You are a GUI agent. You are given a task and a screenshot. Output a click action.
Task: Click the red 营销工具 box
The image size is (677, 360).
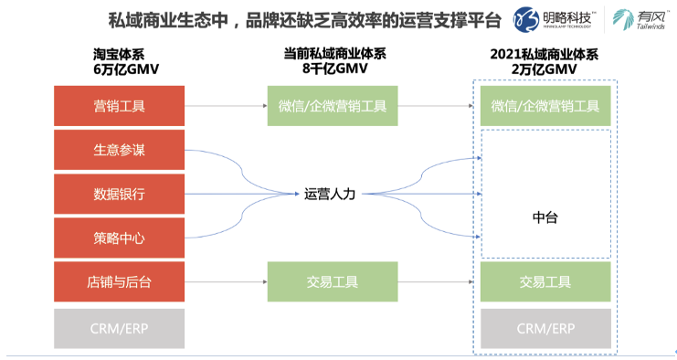(120, 106)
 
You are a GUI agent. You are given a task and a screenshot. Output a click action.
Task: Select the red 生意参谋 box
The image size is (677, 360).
(120, 150)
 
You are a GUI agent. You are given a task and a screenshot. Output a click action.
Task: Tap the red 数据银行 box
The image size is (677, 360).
(120, 194)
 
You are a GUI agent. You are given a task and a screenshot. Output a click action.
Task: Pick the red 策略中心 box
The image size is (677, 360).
(120, 238)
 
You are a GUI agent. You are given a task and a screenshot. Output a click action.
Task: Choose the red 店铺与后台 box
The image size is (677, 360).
(120, 282)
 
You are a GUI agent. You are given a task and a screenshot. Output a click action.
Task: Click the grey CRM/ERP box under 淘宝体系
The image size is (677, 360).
(120, 328)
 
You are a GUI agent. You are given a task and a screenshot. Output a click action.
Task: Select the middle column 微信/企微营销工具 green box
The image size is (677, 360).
(333, 106)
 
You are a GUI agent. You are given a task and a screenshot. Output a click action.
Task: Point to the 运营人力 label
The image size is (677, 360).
(332, 194)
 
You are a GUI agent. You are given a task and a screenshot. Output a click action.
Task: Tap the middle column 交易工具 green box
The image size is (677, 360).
(333, 282)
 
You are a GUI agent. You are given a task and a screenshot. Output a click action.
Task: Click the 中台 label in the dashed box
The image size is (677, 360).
(545, 217)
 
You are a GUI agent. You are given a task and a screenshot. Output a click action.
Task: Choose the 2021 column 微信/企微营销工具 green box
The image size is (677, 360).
(545, 106)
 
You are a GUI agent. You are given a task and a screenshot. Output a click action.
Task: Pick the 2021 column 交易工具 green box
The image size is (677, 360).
(545, 282)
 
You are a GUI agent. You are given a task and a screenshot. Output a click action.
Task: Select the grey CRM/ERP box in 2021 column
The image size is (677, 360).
(545, 328)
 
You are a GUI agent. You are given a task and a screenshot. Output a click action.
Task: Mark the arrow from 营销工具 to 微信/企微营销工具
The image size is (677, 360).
(226, 106)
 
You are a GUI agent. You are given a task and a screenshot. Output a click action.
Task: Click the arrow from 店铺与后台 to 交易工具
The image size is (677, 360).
(226, 282)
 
